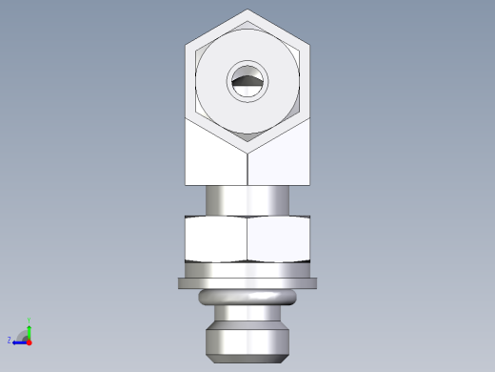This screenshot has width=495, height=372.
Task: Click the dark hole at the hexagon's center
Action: point(247,83)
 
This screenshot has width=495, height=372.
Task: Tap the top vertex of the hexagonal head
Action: point(247,10)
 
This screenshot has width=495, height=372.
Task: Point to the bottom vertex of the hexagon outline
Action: point(247,154)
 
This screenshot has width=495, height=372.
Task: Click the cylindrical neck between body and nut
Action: point(247,200)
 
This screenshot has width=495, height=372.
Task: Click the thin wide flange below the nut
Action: point(247,283)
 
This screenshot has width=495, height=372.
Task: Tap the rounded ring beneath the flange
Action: point(247,299)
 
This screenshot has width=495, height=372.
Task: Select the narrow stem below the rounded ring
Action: point(247,317)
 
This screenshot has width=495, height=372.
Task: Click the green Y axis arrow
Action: point(30,330)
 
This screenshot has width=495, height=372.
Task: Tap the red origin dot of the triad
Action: point(30,340)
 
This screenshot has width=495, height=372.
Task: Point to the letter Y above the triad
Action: point(30,321)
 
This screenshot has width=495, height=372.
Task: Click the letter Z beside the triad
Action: point(10,340)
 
